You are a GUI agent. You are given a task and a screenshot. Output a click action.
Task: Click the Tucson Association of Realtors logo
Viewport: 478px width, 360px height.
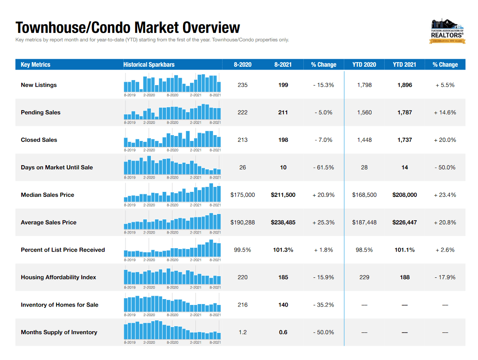447,31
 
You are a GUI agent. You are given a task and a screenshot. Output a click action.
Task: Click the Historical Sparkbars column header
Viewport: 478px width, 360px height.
149,65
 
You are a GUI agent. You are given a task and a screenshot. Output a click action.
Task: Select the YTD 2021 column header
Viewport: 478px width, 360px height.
404,65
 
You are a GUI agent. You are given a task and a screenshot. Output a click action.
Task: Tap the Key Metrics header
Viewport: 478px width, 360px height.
35,65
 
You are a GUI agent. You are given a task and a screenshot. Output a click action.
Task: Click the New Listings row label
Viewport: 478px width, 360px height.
39,85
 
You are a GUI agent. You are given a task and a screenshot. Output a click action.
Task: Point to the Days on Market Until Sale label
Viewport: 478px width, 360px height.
57,168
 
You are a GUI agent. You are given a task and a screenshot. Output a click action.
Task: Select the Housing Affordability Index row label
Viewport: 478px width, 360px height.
58,277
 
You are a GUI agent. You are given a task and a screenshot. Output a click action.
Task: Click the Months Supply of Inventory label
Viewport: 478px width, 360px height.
59,332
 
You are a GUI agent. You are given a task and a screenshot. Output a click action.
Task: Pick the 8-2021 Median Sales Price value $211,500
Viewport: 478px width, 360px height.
283,195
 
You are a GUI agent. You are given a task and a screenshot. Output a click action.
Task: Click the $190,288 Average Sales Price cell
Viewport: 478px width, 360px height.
243,223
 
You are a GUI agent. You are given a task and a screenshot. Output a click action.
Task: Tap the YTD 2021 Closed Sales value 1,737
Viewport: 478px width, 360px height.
405,140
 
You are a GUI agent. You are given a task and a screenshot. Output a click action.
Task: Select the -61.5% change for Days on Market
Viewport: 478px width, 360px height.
323,168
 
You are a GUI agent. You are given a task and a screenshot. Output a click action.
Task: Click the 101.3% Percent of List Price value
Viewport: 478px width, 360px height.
283,250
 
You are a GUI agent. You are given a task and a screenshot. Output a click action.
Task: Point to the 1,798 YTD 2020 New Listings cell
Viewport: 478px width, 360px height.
364,85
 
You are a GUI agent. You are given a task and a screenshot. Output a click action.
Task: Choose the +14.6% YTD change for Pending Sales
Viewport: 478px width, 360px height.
445,113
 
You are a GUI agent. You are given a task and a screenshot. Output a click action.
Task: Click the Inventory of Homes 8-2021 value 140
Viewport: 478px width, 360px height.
283,305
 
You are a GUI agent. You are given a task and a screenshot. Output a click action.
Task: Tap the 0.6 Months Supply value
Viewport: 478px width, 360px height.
283,332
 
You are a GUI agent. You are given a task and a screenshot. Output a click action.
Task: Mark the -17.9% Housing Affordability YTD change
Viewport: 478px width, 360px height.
445,277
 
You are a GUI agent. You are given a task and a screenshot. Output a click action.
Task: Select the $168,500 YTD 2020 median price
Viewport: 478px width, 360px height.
364,195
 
